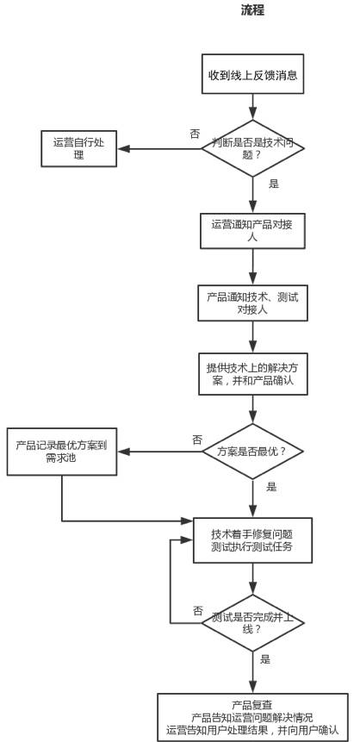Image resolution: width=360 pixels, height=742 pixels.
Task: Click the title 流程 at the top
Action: pos(252,10)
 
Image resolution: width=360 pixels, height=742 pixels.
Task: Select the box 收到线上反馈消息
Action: pos(252,74)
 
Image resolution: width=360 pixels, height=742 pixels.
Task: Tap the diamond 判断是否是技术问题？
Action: pos(252,148)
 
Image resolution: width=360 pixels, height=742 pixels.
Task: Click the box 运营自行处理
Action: pos(78,148)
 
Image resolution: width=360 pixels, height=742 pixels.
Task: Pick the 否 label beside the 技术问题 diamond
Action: pos(195,134)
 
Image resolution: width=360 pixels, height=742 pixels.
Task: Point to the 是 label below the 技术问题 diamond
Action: pos(274,184)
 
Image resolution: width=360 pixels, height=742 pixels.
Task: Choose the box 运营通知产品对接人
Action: pos(252,230)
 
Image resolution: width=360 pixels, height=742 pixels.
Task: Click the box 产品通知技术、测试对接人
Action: pos(252,302)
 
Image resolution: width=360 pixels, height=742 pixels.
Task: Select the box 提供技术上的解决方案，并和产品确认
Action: pos(252,374)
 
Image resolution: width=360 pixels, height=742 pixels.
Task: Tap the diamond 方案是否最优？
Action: pos(252,452)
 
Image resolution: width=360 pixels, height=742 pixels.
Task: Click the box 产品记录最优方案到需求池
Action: pos(61,452)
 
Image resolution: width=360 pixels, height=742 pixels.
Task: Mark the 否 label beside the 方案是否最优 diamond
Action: pos(196,440)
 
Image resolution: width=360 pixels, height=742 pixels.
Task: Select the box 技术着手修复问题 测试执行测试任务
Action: pos(252,540)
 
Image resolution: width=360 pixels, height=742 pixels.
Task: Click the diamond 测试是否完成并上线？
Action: pos(252,623)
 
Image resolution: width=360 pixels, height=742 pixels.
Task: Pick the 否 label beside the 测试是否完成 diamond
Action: pos(198,610)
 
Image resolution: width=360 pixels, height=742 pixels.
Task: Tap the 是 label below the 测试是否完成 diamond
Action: pos(265,659)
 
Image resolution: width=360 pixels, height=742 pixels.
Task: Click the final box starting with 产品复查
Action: pos(252,717)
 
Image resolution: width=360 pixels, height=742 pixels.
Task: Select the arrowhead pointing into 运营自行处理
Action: pos(123,148)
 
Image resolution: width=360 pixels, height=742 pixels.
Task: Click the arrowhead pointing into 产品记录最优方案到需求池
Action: pos(123,452)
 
